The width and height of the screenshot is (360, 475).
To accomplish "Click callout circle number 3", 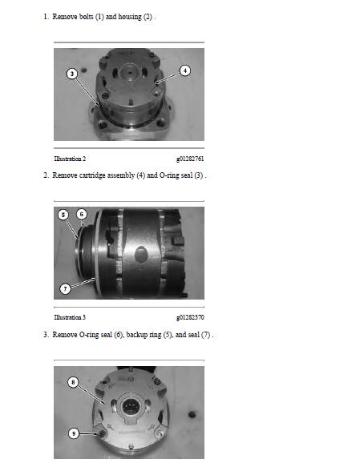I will [71, 74].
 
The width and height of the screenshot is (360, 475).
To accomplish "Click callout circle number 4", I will [185, 70].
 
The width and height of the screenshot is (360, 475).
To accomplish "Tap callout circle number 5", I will [63, 214].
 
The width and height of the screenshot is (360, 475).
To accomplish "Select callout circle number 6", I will [81, 214].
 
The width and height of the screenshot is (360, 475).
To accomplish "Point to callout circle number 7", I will [65, 288].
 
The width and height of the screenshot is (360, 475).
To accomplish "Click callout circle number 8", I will [74, 383].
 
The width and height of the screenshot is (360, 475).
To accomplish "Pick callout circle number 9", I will [73, 433].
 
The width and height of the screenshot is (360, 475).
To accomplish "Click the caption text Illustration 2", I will [70, 159].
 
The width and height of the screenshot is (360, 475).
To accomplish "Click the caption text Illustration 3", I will [70, 317].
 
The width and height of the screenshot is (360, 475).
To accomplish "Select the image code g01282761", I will [190, 159].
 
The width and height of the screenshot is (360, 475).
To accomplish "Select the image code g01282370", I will [190, 317].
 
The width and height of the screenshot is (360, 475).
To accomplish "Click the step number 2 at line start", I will [46, 175].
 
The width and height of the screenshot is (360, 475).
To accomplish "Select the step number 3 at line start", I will [46, 334].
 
